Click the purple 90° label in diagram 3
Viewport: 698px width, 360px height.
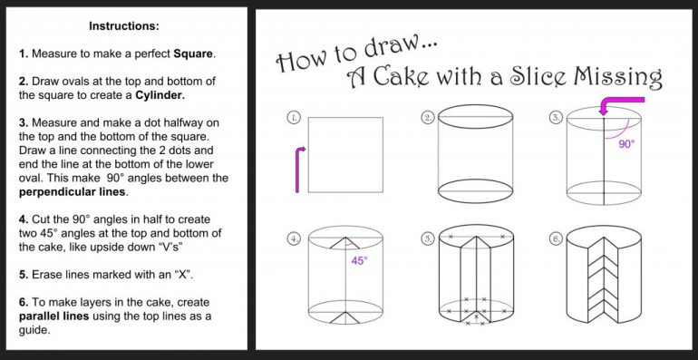[627, 143]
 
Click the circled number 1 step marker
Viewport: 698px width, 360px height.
[294, 118]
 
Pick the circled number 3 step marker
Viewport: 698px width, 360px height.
[555, 118]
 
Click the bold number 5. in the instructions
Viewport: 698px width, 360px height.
[24, 274]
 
